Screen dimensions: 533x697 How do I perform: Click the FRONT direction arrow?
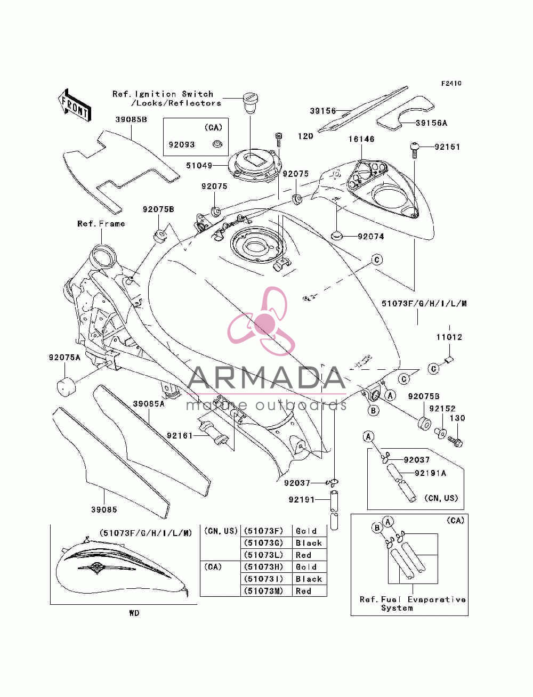click(75, 105)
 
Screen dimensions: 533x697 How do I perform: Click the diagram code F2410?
click(451, 84)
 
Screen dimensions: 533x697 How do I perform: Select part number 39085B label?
click(131, 120)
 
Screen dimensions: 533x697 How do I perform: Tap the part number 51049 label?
click(199, 166)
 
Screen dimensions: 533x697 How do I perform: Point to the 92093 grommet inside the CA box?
click(217, 144)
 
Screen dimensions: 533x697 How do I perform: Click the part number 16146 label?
click(361, 139)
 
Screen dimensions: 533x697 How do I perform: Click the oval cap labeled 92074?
click(336, 236)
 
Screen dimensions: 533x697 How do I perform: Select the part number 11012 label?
click(449, 337)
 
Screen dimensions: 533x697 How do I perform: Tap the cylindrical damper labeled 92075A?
click(67, 386)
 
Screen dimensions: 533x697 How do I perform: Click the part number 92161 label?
click(180, 436)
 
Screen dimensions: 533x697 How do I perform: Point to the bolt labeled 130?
click(455, 441)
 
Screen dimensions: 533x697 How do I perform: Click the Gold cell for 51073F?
click(306, 531)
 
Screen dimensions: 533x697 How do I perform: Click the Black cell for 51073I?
click(309, 579)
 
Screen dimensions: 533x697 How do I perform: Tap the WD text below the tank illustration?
click(134, 613)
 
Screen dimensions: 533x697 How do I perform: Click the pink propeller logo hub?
click(265, 323)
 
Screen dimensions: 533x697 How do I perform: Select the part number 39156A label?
click(431, 123)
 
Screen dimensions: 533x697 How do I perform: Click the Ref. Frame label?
click(101, 224)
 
